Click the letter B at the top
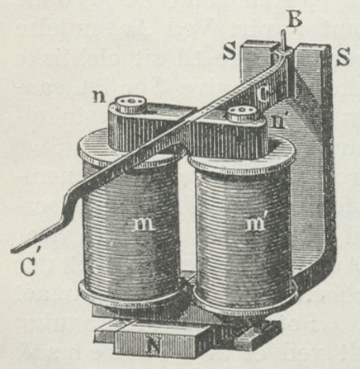click(295, 19)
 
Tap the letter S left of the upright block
click(230, 51)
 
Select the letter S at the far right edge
click(343, 56)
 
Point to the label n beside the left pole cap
click(99, 97)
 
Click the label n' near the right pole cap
click(277, 121)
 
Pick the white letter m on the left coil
click(144, 225)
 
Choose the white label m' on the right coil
click(256, 224)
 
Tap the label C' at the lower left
click(28, 266)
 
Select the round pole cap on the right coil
click(241, 113)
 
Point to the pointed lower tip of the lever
click(12, 251)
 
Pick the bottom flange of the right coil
click(245, 296)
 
